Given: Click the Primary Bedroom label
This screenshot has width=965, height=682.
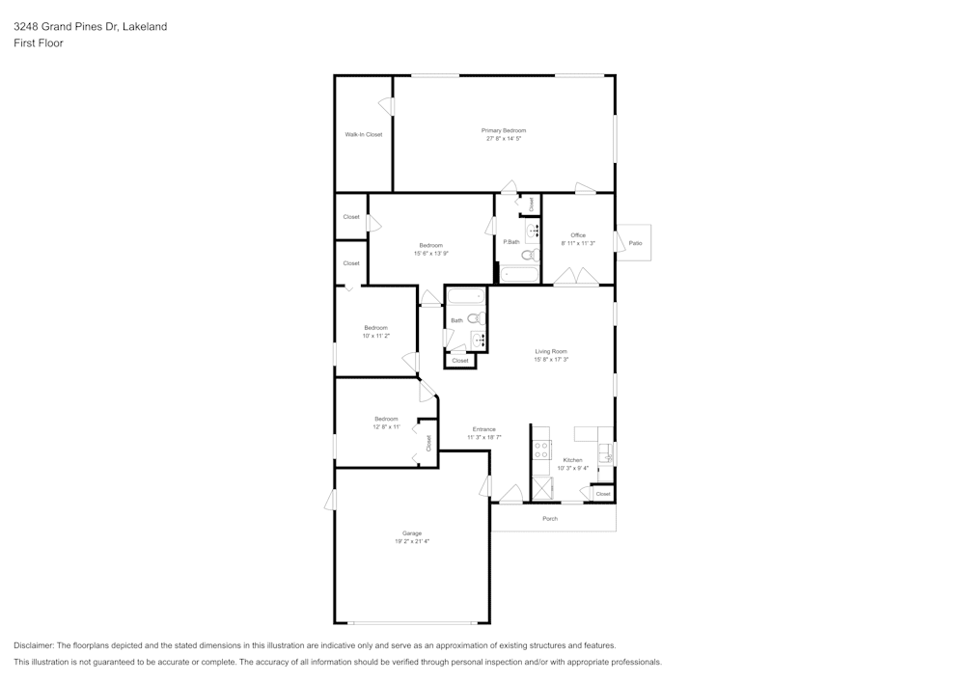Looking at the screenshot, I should [504, 130].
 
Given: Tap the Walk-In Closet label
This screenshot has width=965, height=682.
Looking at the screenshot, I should [364, 135].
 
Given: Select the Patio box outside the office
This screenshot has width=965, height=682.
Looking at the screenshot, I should [634, 243].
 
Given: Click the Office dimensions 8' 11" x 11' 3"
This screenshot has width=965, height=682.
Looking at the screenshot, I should [578, 243].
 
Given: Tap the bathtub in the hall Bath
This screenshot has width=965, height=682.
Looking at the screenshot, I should [465, 295].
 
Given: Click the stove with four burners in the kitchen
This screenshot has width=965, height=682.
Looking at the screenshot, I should [542, 450].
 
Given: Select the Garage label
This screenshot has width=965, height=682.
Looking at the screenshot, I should [412, 533].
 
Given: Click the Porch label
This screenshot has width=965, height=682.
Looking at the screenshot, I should [550, 519].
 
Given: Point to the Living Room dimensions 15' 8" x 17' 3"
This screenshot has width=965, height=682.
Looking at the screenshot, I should [552, 360].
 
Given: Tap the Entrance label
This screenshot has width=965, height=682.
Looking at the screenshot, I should [483, 429].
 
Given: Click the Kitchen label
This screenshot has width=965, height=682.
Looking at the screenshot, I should [573, 460].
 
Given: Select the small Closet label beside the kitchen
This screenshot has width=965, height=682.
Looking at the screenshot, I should [603, 494].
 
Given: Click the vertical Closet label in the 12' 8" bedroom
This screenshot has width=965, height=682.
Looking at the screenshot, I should [428, 444].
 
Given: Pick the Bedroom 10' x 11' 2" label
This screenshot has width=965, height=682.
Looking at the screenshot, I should [376, 328].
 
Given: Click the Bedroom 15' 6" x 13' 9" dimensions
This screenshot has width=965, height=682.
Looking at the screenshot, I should [431, 253].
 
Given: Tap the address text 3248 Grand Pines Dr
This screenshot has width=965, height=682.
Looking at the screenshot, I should [77, 27].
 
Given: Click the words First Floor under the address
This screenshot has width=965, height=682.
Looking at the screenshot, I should [39, 43].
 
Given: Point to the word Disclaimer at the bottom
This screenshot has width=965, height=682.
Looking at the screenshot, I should [34, 645].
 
